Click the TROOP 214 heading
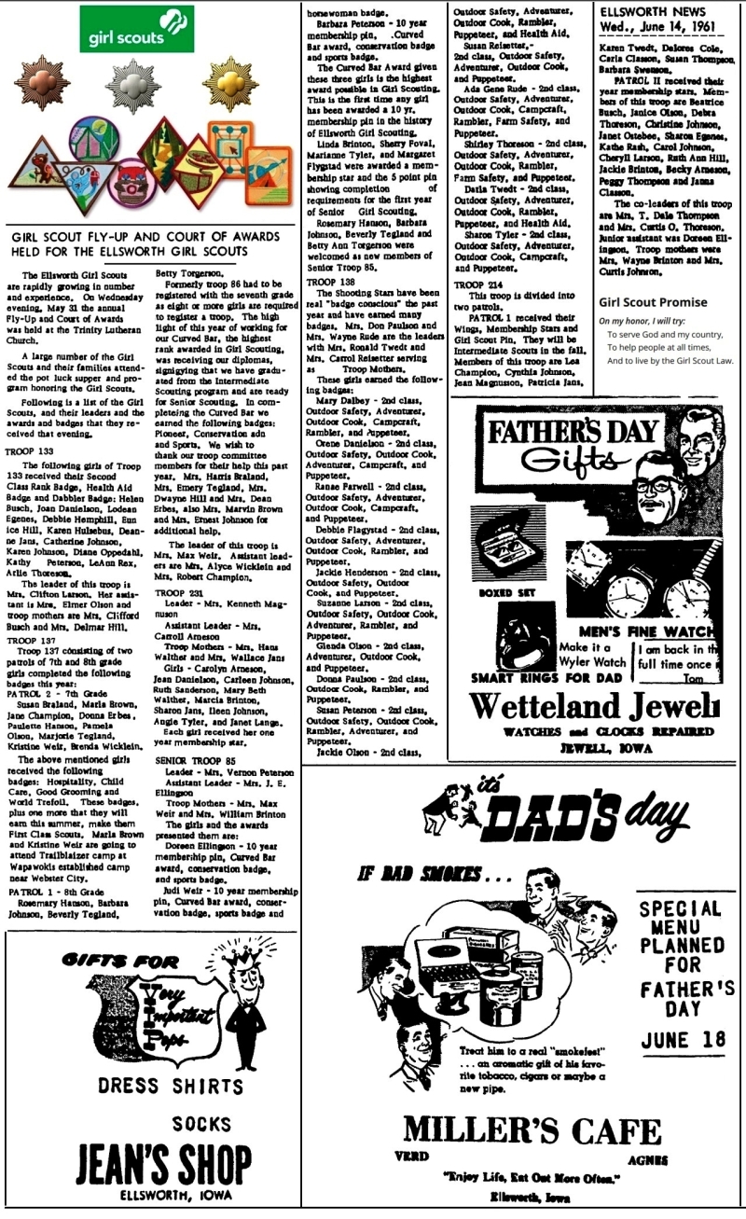[478, 284]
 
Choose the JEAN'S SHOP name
[154, 1159]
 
